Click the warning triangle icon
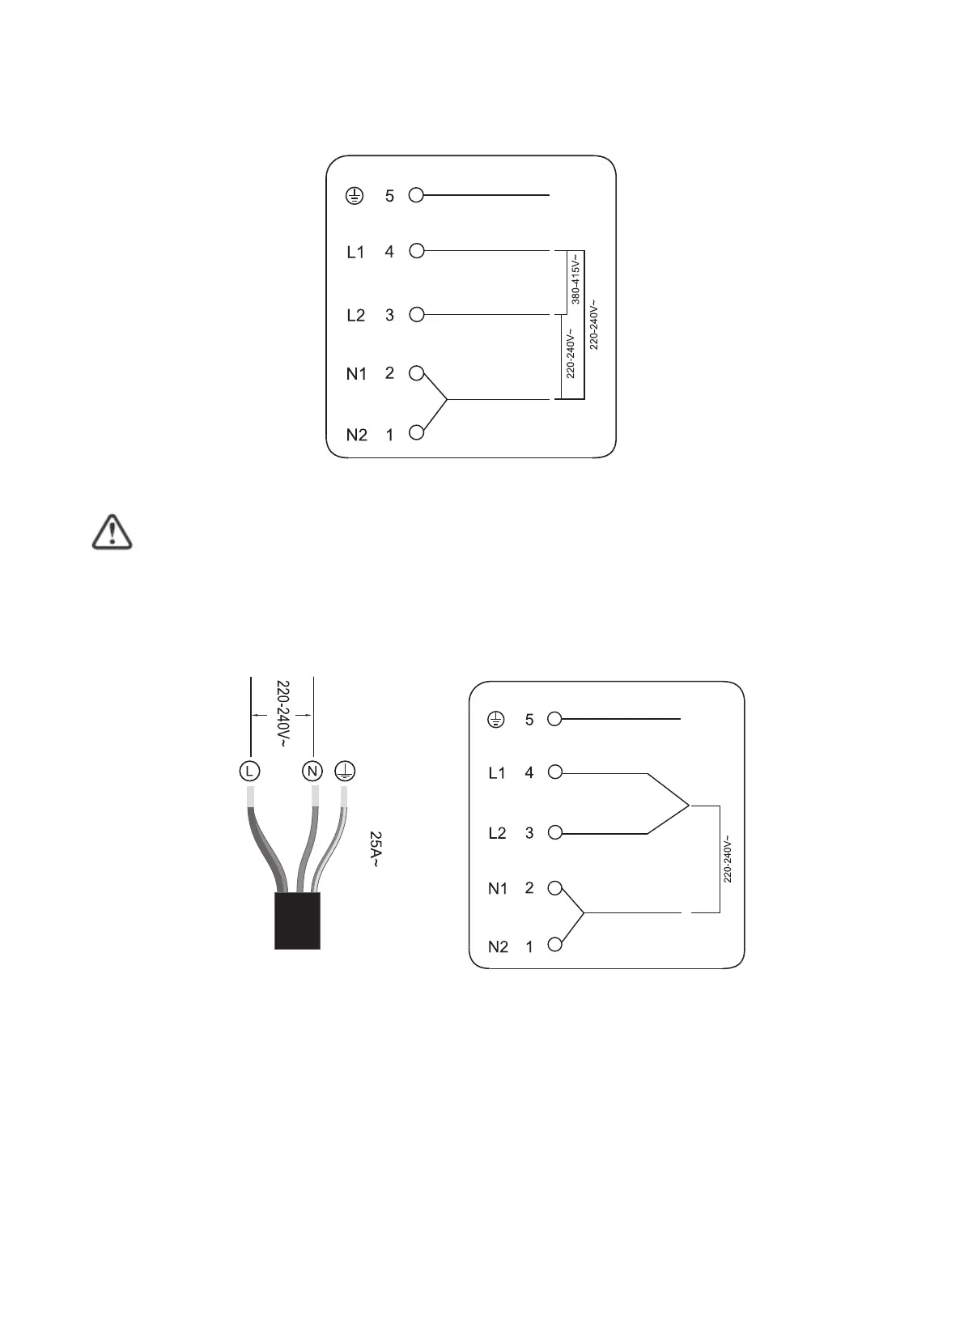coord(113,532)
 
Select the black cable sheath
coord(297,921)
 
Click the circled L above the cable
coord(249,771)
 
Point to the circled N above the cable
coord(312,771)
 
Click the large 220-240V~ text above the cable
coord(283,713)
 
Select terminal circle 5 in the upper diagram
coord(416,195)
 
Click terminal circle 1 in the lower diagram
coord(554,945)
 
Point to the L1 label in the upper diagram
coord(356,253)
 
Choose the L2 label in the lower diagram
coord(497,833)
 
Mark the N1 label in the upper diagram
coord(357,374)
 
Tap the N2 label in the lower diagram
coord(498,946)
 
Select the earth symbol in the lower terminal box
coord(495,719)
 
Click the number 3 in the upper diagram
coord(389,315)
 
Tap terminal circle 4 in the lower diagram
coord(554,772)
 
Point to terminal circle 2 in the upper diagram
coord(416,373)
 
